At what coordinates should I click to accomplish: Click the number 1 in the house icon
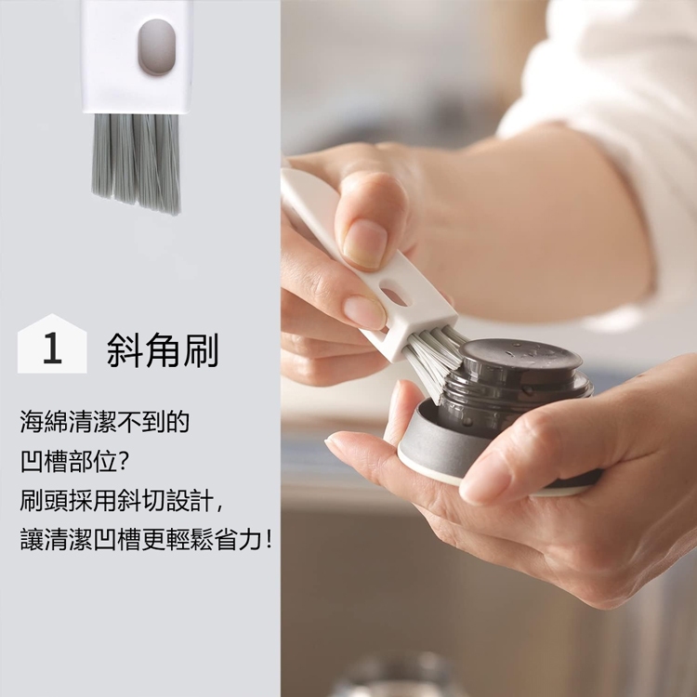52,348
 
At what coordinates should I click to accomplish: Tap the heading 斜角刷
163,349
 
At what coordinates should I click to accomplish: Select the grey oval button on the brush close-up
156,47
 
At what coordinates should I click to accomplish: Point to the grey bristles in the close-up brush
137,163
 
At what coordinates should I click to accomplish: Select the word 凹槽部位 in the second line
69,461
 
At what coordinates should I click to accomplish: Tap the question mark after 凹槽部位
124,461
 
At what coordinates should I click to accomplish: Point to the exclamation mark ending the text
268,540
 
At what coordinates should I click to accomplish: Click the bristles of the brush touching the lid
433,359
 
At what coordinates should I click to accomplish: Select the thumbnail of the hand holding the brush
364,243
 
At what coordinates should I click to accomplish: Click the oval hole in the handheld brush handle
394,296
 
